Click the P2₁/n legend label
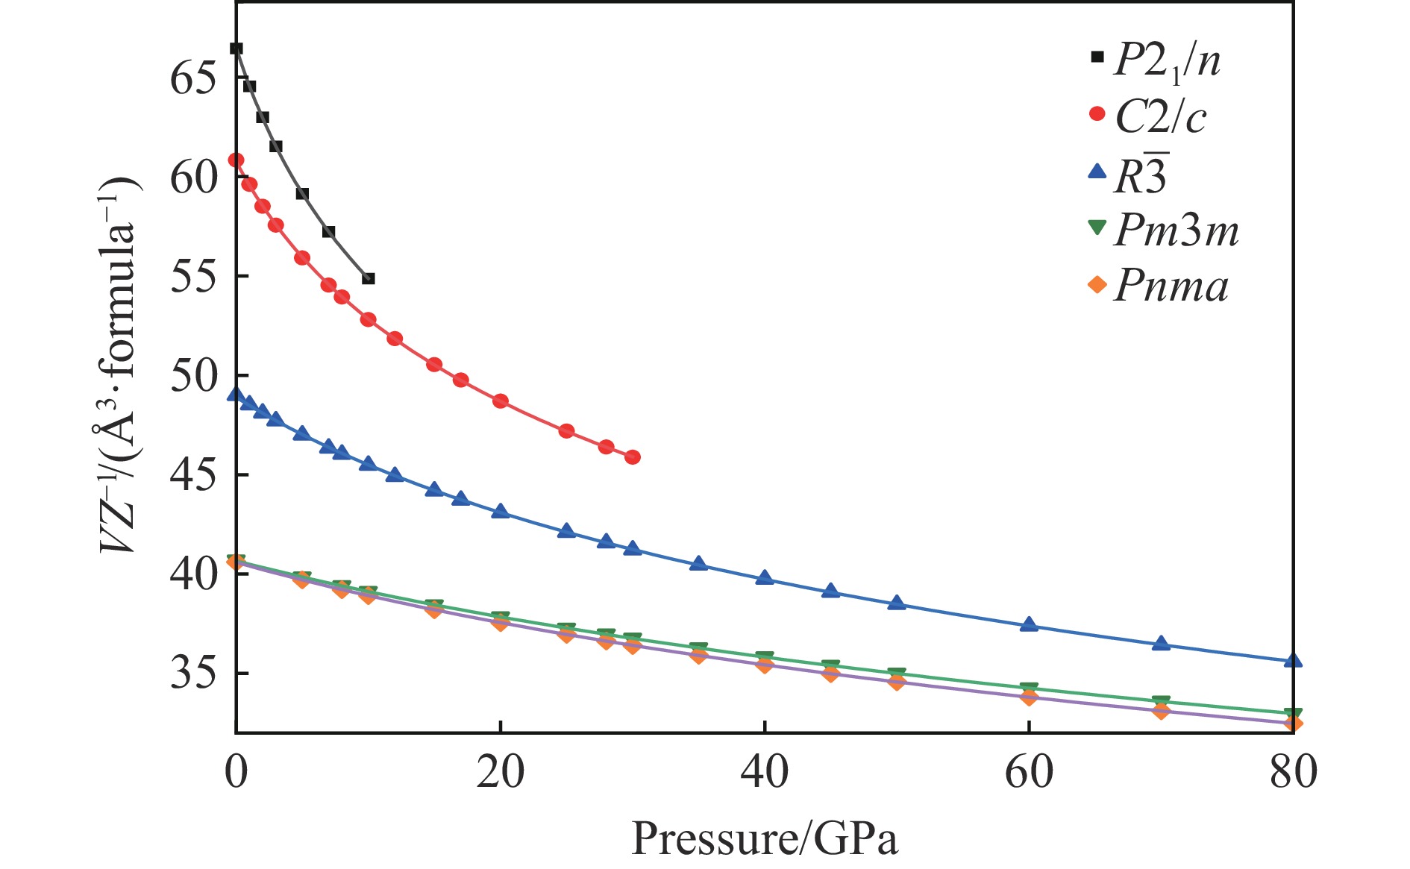(x=1167, y=60)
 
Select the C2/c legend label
(x=1160, y=117)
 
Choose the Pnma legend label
(x=1171, y=286)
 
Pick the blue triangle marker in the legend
(x=1097, y=172)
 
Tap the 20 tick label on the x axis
(x=500, y=772)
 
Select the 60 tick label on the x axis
(x=1029, y=772)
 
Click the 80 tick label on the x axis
(x=1293, y=772)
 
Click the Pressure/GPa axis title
(x=765, y=838)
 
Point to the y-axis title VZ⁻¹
(x=119, y=366)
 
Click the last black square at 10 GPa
(x=368, y=278)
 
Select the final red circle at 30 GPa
(x=633, y=457)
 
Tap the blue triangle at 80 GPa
(x=1293, y=661)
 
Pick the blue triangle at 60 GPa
(x=1029, y=624)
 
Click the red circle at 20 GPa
(x=501, y=401)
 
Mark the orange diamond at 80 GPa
(x=1293, y=724)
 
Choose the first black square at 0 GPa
(x=236, y=49)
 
